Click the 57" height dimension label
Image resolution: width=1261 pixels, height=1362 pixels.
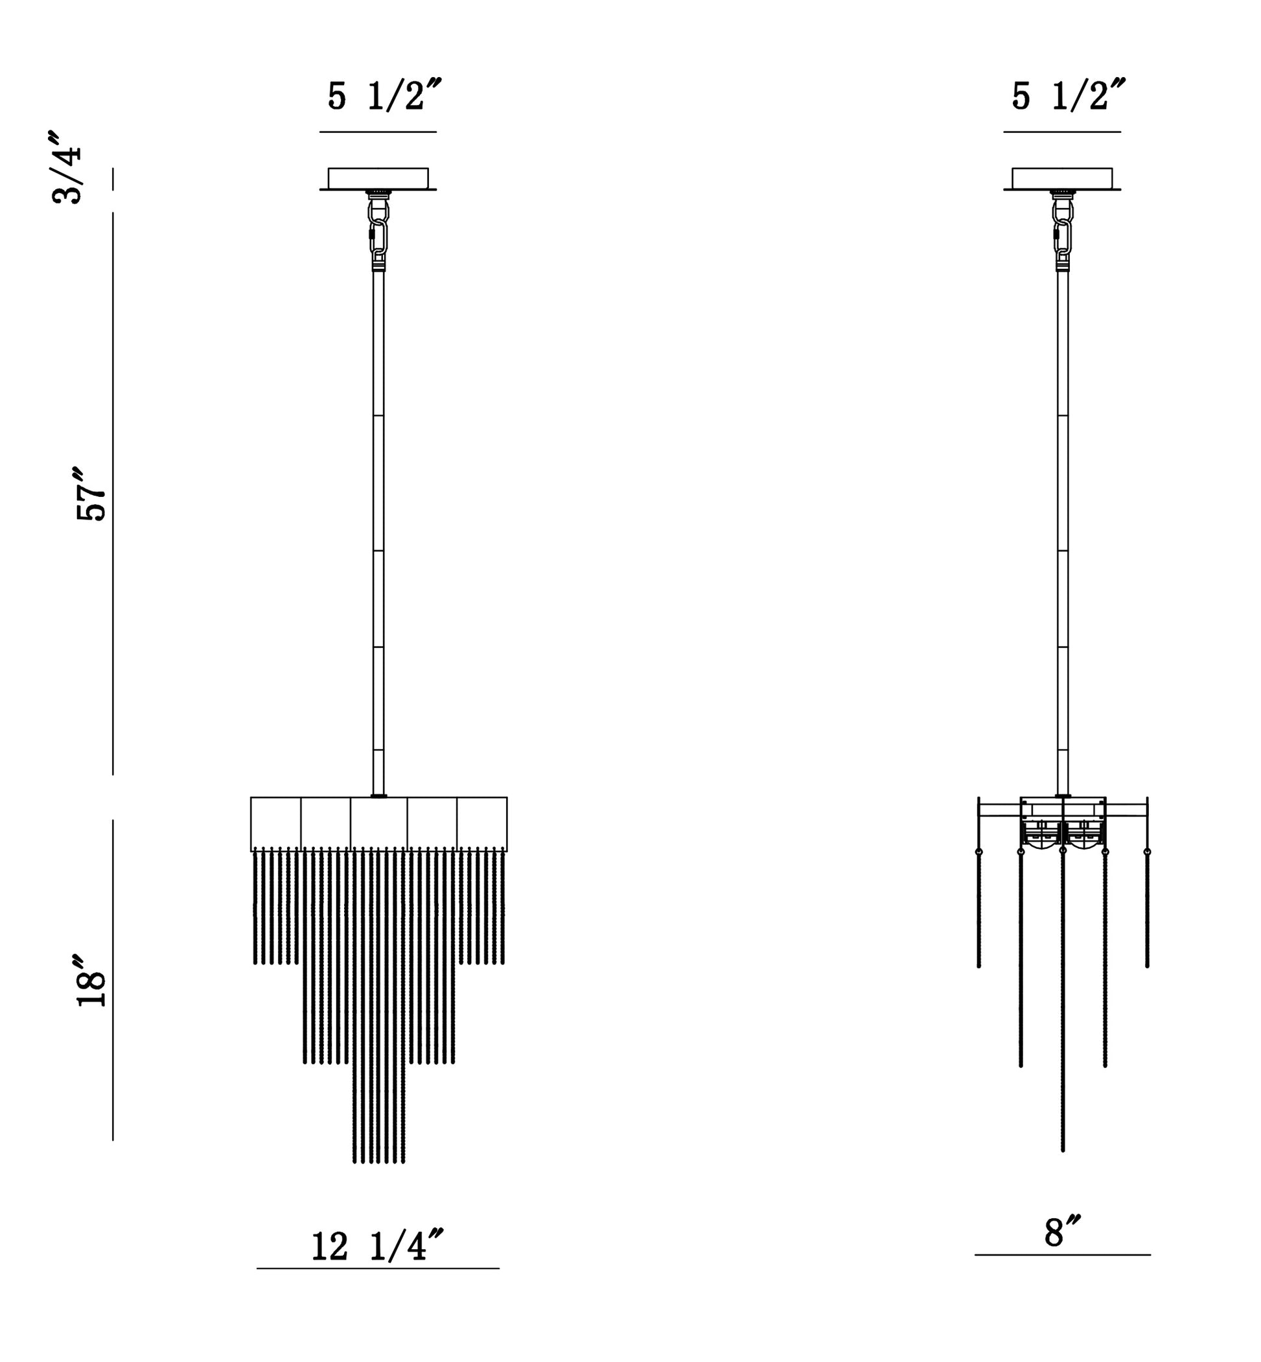[91, 495]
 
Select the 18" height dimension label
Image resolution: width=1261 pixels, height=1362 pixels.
[91, 980]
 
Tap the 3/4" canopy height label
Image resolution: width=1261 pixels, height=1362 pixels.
[67, 167]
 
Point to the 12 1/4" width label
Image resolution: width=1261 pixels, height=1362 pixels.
[377, 1247]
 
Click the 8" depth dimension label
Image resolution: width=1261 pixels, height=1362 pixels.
[1063, 1232]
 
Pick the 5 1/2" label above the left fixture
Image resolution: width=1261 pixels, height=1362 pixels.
[384, 95]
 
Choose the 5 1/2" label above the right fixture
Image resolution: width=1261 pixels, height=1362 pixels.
[1068, 95]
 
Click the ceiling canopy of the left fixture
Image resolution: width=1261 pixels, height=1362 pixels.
[378, 179]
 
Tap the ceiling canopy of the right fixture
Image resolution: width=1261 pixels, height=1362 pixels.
[1062, 179]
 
